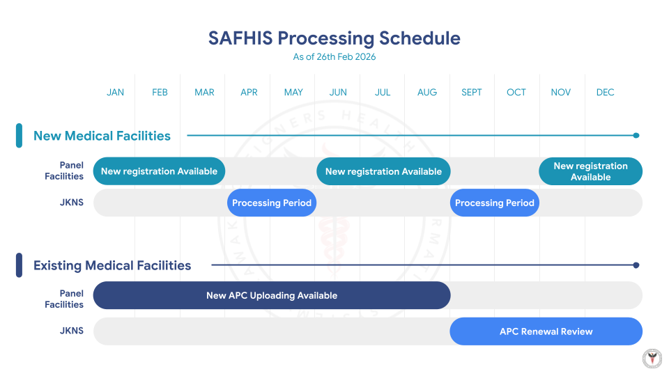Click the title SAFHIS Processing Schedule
pyautogui.click(x=334, y=38)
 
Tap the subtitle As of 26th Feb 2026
pyautogui.click(x=334, y=57)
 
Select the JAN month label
pyautogui.click(x=116, y=93)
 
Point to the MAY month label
pyautogui.click(x=293, y=93)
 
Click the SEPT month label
pyautogui.click(x=472, y=93)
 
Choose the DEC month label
pyautogui.click(x=605, y=93)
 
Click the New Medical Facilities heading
pyautogui.click(x=102, y=136)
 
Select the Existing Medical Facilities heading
pyautogui.click(x=112, y=265)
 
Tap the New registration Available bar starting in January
pyautogui.click(x=159, y=171)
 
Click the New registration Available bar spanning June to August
pyautogui.click(x=383, y=171)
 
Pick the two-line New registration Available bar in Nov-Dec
pyautogui.click(x=590, y=171)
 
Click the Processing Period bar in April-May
pyautogui.click(x=272, y=203)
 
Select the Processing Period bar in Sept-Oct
pyautogui.click(x=495, y=203)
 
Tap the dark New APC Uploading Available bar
pyautogui.click(x=272, y=295)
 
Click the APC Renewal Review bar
pyautogui.click(x=546, y=331)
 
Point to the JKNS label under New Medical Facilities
pyautogui.click(x=72, y=203)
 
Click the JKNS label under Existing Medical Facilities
pyautogui.click(x=72, y=331)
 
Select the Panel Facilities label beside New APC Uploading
pyautogui.click(x=64, y=299)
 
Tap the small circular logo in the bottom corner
pyautogui.click(x=652, y=358)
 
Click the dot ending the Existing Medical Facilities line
pyautogui.click(x=636, y=265)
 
